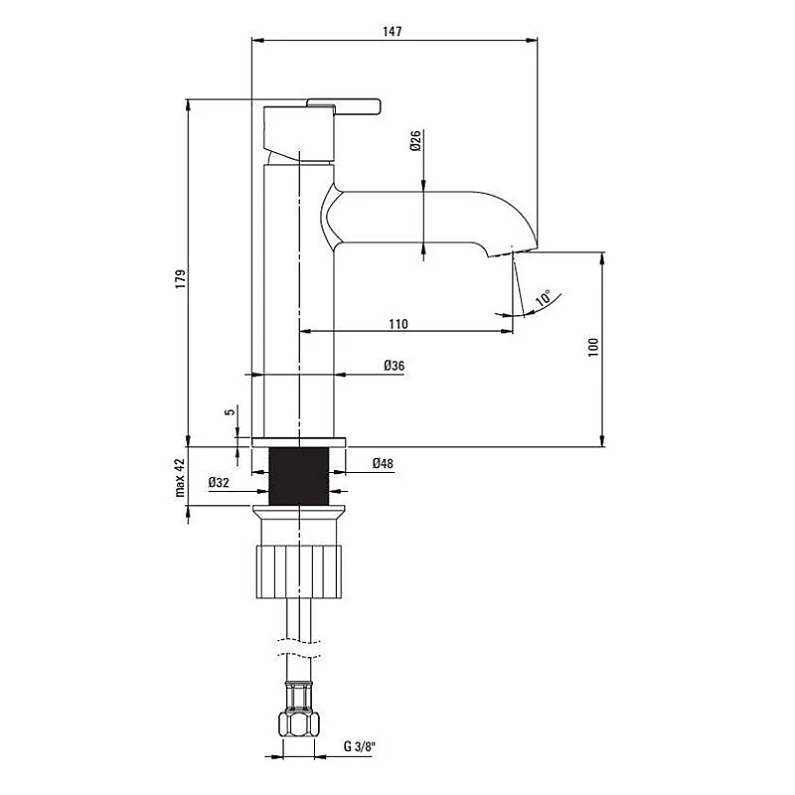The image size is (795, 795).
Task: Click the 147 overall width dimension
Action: pos(393,32)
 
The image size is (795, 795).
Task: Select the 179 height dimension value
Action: pos(180,281)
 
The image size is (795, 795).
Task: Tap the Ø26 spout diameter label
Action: pos(416,141)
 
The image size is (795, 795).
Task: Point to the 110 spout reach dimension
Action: pos(397,324)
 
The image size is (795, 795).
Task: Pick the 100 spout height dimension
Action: pos(593,346)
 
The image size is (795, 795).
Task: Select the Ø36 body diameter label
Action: pos(394,367)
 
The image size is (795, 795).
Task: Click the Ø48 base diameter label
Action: pos(383,463)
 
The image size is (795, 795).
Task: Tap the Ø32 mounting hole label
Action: pos(220,483)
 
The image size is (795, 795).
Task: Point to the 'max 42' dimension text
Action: pos(180,477)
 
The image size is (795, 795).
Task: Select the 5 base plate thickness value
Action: pos(230,411)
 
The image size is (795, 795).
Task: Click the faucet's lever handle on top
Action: pos(344,104)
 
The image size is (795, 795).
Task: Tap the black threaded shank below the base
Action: pos(298,476)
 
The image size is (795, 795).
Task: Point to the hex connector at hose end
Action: pos(298,717)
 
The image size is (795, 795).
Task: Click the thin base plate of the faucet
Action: pos(298,441)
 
